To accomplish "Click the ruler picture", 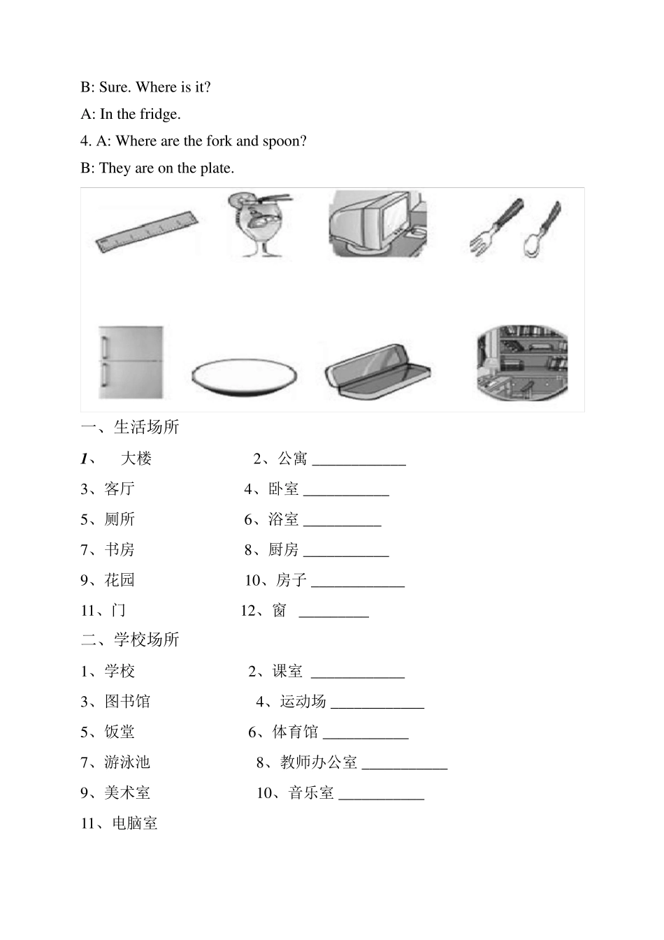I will click(x=147, y=231).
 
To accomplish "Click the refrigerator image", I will click(x=131, y=362).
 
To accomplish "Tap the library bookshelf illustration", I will click(x=521, y=363).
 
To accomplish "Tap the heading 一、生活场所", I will click(x=130, y=427).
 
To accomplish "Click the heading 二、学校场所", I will click(x=130, y=639).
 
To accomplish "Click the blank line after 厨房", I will click(x=346, y=553).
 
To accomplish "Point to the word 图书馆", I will click(x=127, y=702).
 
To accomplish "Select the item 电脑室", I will click(x=135, y=823).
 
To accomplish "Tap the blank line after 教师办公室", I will click(x=405, y=765).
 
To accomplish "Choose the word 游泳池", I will click(x=127, y=762).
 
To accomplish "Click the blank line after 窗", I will click(x=333, y=614).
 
